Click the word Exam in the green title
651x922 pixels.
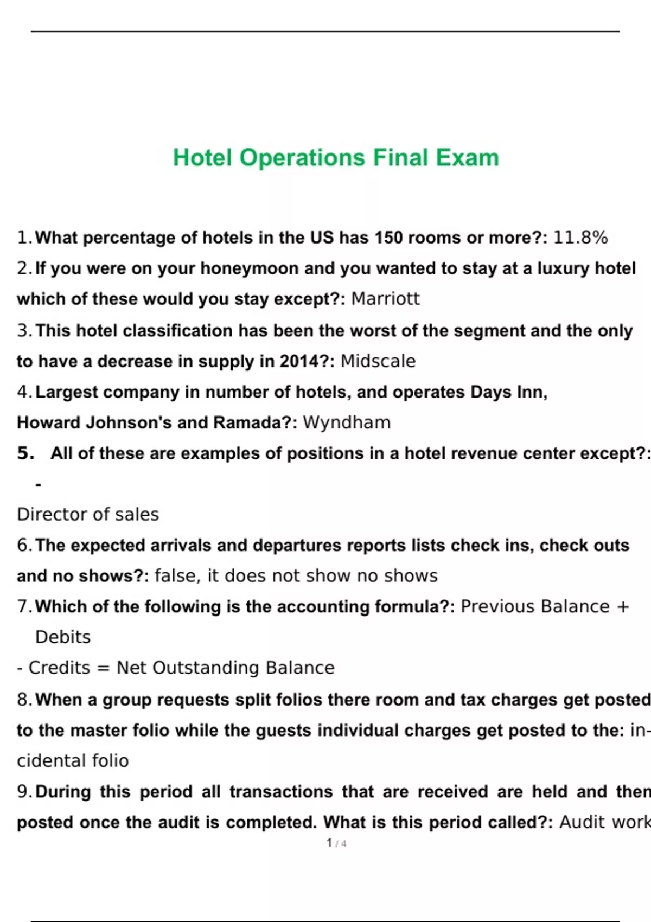click(467, 158)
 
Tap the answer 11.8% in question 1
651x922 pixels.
click(580, 238)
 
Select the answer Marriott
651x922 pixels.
click(385, 299)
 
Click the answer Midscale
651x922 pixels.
click(378, 361)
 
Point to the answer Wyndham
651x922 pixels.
click(346, 422)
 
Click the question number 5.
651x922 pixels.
click(25, 453)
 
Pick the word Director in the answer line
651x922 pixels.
click(49, 514)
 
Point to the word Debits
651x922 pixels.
click(63, 637)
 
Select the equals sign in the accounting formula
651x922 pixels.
click(103, 668)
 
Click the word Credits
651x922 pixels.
click(59, 668)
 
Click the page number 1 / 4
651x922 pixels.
click(336, 843)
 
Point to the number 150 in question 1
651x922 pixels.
click(388, 238)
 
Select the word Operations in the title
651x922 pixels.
click(302, 158)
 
